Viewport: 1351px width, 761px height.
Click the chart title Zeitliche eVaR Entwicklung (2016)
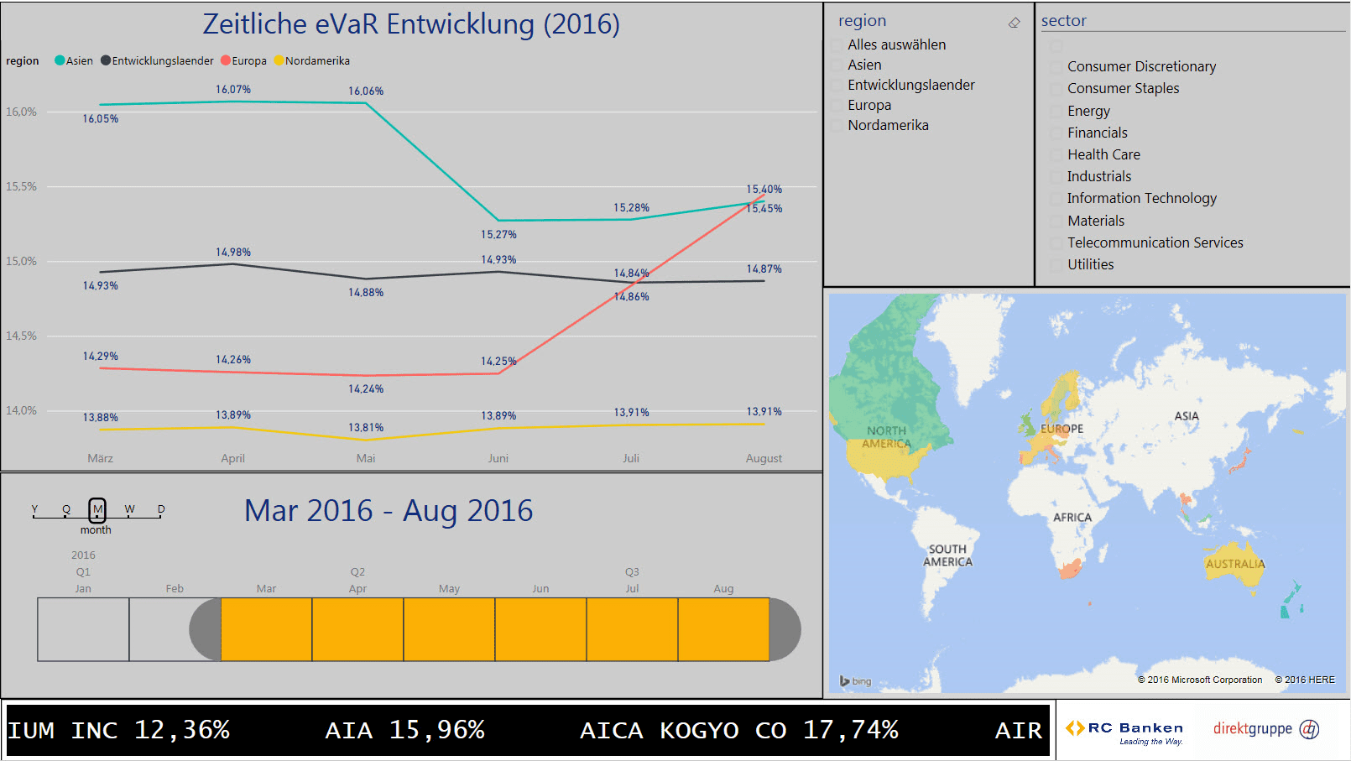(x=411, y=24)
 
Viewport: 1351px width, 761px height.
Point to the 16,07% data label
(x=233, y=90)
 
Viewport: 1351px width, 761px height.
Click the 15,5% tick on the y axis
(x=22, y=186)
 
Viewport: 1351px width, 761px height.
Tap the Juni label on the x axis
(x=498, y=458)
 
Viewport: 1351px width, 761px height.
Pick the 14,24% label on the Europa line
(x=366, y=389)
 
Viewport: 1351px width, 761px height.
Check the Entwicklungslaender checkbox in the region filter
(x=837, y=86)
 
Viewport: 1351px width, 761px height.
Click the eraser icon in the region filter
(x=1015, y=23)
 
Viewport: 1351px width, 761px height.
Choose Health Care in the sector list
(x=1103, y=154)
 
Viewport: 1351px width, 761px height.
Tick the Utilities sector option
(x=1056, y=265)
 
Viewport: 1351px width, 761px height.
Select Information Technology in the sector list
(x=1141, y=198)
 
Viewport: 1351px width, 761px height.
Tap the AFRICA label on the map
(x=1072, y=518)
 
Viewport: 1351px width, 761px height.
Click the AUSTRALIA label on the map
(x=1234, y=564)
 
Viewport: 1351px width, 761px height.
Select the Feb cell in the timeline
(x=175, y=629)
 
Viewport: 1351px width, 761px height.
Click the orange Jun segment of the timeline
(x=540, y=629)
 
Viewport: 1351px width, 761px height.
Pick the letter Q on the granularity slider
(x=66, y=509)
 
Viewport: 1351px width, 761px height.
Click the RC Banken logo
(x=1125, y=730)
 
